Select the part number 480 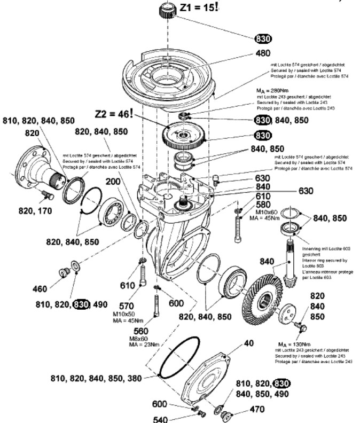[x=263, y=53]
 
